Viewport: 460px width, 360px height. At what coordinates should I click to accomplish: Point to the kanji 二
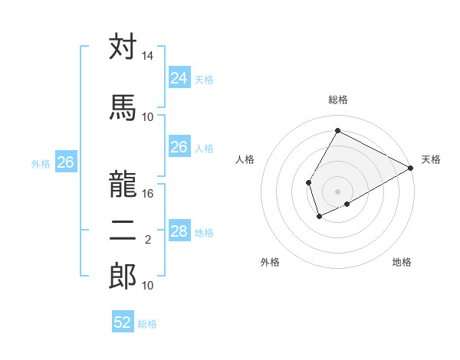click(x=123, y=229)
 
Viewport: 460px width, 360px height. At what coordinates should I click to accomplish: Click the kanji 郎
click(x=123, y=275)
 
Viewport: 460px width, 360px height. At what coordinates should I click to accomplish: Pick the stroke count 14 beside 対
click(x=148, y=57)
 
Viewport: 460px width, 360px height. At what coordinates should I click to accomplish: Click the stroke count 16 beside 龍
click(x=148, y=194)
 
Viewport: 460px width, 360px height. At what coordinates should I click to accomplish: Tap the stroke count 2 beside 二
click(x=148, y=240)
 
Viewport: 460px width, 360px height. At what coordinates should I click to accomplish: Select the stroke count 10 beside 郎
click(x=148, y=286)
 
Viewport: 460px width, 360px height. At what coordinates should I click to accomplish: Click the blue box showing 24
click(x=179, y=78)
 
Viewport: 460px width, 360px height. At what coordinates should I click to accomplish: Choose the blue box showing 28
click(x=179, y=231)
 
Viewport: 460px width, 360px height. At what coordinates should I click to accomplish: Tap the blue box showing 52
click(x=123, y=322)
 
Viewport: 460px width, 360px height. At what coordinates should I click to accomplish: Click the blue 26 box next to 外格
click(x=66, y=162)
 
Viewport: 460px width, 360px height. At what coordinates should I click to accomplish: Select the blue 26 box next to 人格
click(x=179, y=147)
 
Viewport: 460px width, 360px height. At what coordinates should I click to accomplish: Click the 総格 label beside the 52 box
click(x=148, y=324)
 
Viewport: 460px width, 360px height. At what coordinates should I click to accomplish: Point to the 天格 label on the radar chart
click(x=431, y=159)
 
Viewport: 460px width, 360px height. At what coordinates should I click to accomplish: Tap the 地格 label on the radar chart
click(x=402, y=263)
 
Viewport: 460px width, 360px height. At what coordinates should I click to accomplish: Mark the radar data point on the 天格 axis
click(x=411, y=168)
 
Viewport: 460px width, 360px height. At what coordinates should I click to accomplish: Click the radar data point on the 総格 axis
click(x=337, y=131)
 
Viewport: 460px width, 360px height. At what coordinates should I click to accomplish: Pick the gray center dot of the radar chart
click(x=337, y=191)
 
